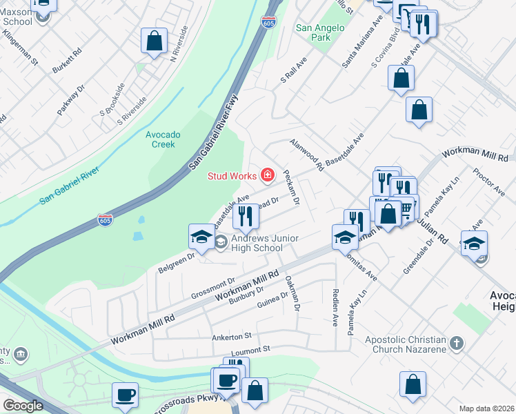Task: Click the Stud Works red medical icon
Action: (267, 175)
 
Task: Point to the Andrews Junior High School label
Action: (265, 243)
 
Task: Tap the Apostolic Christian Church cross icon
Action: (455, 343)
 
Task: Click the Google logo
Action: (23, 406)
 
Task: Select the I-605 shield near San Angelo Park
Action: (269, 22)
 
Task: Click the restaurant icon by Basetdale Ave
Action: (245, 217)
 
